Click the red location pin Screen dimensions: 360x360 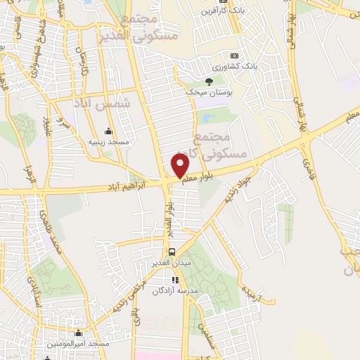181,165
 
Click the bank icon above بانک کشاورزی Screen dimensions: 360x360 235,56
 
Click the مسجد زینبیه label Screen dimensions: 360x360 108,141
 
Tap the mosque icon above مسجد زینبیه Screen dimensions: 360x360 108,131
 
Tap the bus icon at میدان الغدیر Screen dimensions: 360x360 172,251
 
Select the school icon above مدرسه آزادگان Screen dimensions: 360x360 175,280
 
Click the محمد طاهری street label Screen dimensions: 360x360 55,232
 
